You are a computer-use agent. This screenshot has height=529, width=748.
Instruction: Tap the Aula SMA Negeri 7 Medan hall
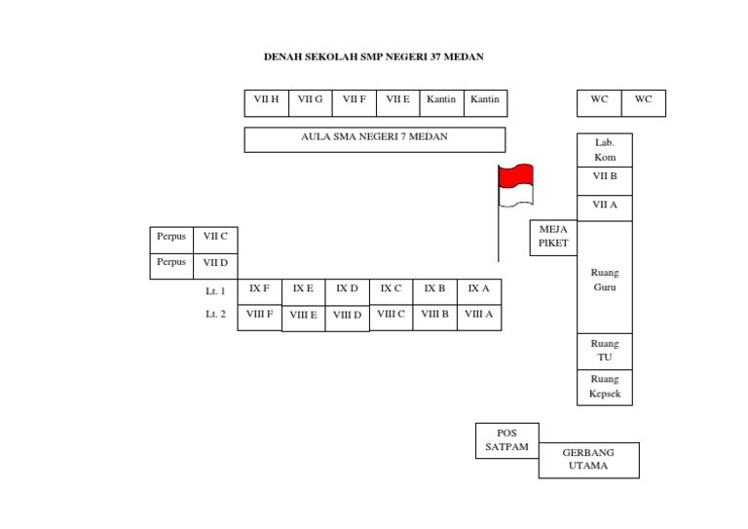click(x=375, y=139)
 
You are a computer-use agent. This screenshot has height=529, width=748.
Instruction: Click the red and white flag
click(x=515, y=185)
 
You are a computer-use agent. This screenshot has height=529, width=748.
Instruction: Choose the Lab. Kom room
click(x=605, y=150)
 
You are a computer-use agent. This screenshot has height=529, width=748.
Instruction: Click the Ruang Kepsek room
click(x=605, y=387)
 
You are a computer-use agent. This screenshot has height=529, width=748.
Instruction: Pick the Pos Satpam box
click(x=506, y=440)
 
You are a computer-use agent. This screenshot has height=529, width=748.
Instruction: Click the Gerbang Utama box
click(x=588, y=460)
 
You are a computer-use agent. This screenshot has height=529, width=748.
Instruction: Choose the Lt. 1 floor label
click(x=215, y=291)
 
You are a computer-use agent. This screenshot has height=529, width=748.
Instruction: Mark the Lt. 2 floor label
click(x=215, y=315)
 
